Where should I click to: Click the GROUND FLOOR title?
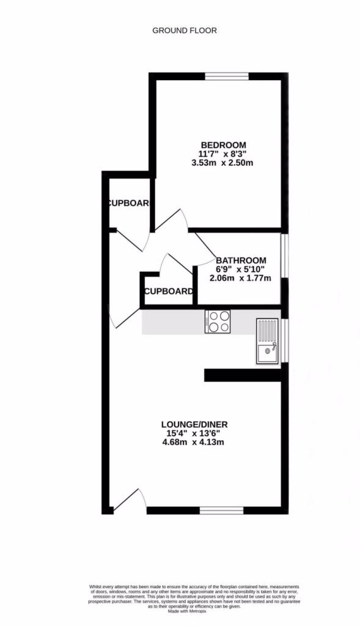(x=184, y=30)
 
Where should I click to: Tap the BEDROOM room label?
(x=221, y=145)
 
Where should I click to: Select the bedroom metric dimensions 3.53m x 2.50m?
(x=222, y=163)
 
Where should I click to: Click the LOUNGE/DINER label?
(x=198, y=424)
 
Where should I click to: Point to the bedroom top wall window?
(x=227, y=76)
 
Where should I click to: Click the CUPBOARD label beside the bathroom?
(x=168, y=291)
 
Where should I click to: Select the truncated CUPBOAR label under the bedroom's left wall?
(x=128, y=204)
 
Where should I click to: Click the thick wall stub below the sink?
(x=243, y=375)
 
